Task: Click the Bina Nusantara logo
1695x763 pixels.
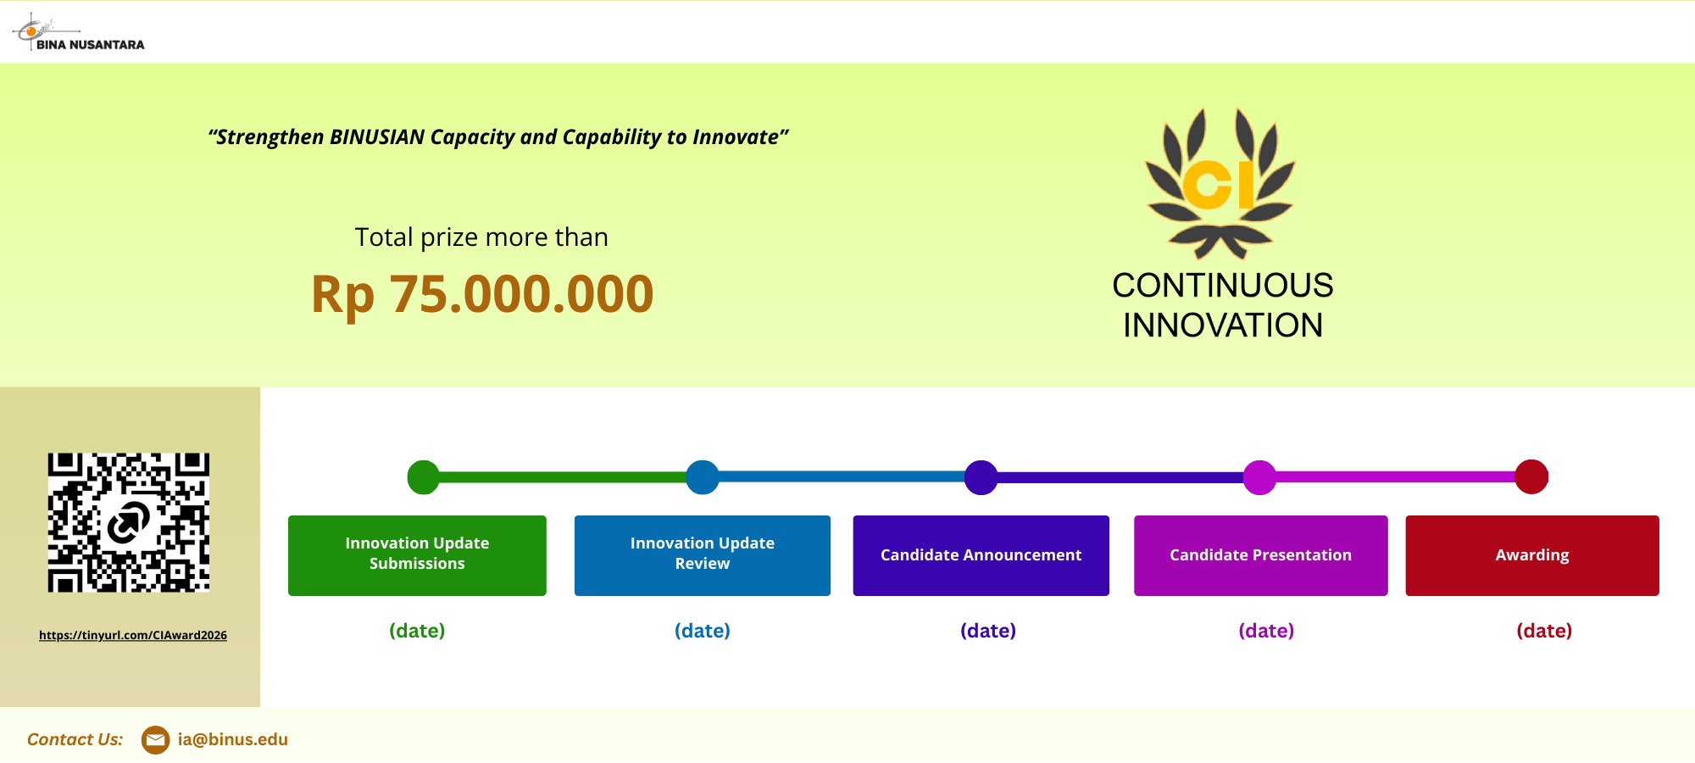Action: click(78, 33)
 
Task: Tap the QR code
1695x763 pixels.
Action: click(129, 522)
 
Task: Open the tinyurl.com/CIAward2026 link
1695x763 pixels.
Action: click(133, 635)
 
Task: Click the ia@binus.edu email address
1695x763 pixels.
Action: click(233, 739)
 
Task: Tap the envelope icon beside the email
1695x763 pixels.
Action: click(155, 740)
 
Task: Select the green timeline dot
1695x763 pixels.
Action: click(424, 477)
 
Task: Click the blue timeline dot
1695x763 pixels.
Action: click(703, 477)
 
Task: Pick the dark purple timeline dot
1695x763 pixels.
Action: click(981, 477)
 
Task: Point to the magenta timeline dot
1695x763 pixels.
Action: click(1259, 477)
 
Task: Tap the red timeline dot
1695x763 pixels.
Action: click(1531, 476)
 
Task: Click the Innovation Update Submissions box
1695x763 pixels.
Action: click(417, 555)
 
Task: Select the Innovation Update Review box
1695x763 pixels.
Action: click(703, 555)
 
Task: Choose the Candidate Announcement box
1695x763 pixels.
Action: click(981, 555)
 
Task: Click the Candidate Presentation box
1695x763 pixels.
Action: click(1261, 555)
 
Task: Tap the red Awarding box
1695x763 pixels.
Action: click(1532, 555)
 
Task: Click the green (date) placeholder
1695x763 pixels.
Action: click(417, 631)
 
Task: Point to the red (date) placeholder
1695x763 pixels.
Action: click(1544, 631)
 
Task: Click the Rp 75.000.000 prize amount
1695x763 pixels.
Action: click(482, 294)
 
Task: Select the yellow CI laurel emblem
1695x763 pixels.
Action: click(1220, 183)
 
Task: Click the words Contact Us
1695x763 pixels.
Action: click(75, 739)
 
